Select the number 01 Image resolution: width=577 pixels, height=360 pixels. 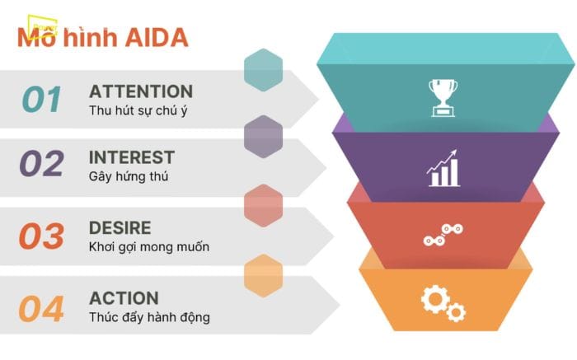[x=42, y=99]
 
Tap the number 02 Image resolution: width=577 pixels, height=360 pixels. [x=42, y=164]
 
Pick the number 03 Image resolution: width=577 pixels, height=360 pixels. [x=42, y=236]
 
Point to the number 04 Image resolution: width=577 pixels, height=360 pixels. [x=42, y=309]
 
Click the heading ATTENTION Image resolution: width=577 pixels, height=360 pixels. [x=141, y=91]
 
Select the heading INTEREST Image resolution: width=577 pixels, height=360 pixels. [x=132, y=157]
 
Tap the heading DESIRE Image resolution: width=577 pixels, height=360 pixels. [x=120, y=227]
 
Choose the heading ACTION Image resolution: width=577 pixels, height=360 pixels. [x=124, y=299]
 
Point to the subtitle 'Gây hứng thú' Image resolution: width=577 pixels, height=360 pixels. [x=129, y=175]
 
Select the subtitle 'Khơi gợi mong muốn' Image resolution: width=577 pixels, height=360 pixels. [x=149, y=246]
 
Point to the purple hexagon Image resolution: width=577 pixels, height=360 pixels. [x=264, y=136]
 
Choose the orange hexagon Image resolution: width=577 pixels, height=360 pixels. [x=264, y=274]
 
